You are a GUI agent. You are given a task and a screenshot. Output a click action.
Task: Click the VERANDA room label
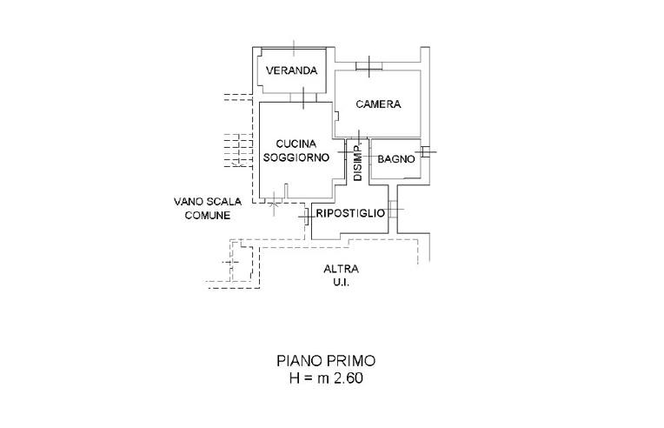[x=291, y=71]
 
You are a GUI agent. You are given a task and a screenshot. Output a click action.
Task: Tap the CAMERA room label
[x=378, y=104]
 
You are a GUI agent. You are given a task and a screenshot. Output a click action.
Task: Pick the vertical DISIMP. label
[x=358, y=162]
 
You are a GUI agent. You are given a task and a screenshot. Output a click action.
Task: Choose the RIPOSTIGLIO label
[x=349, y=213]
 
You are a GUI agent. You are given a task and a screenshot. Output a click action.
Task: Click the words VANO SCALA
[x=208, y=202]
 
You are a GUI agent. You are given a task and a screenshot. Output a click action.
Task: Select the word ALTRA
[x=341, y=269]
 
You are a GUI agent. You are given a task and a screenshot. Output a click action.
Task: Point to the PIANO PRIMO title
[x=326, y=359]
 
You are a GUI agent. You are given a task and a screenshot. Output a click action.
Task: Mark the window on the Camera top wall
[x=369, y=65]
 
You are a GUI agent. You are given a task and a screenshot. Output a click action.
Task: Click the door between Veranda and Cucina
[x=302, y=99]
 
